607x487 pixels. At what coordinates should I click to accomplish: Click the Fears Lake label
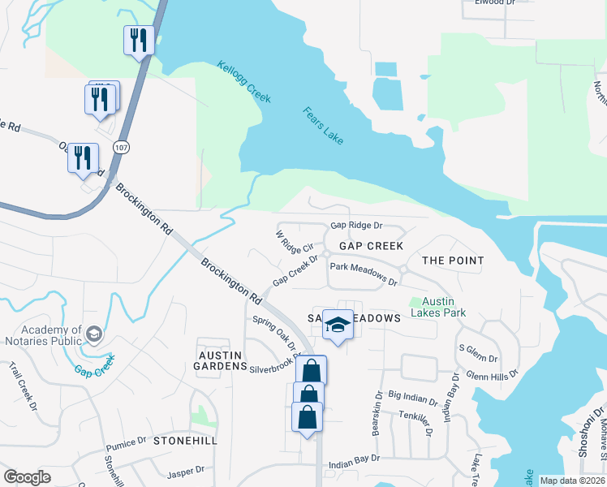click(x=323, y=126)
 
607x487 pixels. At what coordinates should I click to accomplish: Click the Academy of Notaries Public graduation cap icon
click(x=94, y=334)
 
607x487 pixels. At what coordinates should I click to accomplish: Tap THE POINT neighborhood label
click(x=453, y=261)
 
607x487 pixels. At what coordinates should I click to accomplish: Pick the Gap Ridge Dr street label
click(x=355, y=226)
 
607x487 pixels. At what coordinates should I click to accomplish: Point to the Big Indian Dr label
click(x=413, y=397)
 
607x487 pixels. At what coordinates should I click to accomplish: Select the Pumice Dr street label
click(x=125, y=443)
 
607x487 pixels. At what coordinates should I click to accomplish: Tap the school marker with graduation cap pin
click(x=338, y=325)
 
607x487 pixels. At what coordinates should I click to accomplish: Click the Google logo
click(x=28, y=477)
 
